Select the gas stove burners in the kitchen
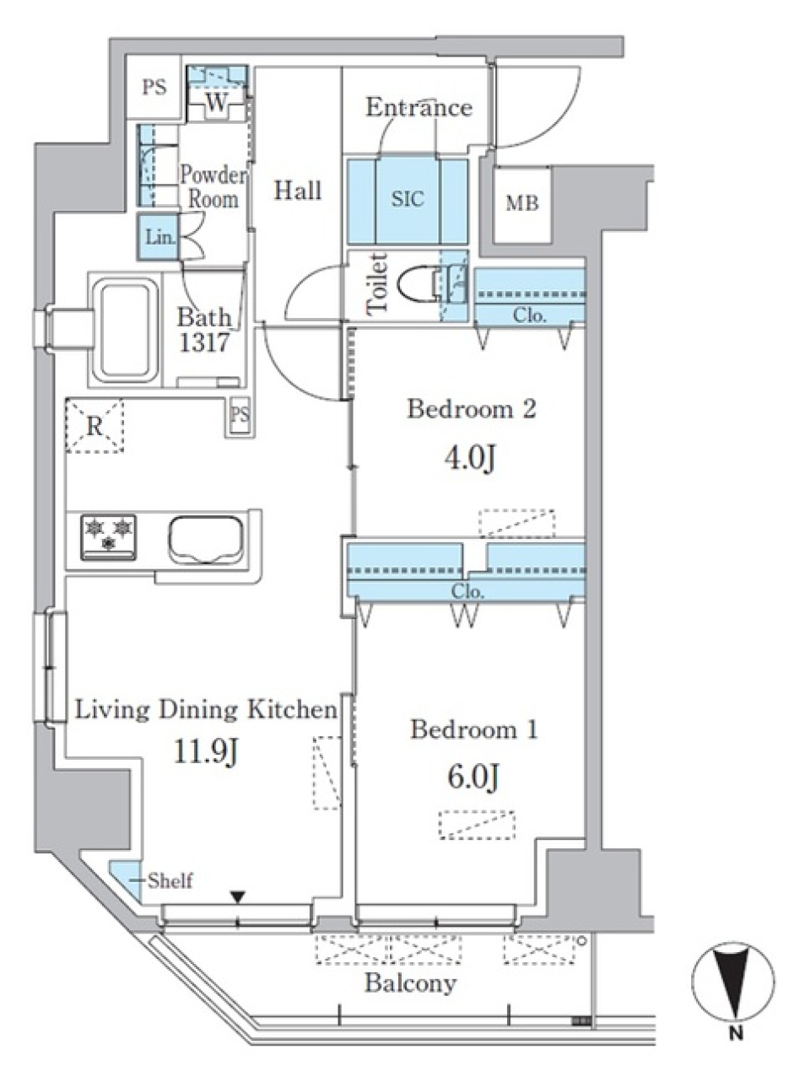click(x=108, y=538)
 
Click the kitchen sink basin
click(x=206, y=540)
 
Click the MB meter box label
click(x=521, y=203)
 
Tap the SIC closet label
click(x=408, y=198)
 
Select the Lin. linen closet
click(x=158, y=237)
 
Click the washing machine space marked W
click(x=217, y=102)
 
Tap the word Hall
click(x=298, y=190)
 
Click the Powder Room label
click(x=213, y=187)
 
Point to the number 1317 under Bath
click(x=204, y=342)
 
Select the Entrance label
click(x=419, y=107)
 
